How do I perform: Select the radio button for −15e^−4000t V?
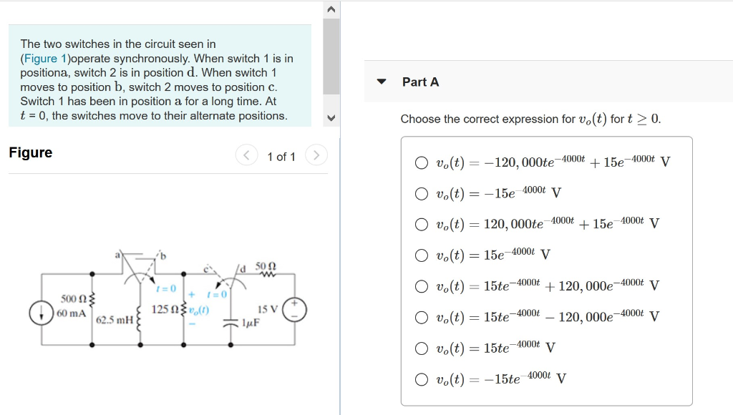[x=422, y=193]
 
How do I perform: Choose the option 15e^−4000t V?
[x=422, y=255]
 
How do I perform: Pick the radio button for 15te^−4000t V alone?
[x=422, y=348]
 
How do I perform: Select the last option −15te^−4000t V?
[x=422, y=379]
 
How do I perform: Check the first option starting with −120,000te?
[x=422, y=162]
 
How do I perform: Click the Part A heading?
[x=420, y=82]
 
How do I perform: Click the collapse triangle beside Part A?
[x=382, y=82]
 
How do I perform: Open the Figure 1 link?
[x=44, y=58]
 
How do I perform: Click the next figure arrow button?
[x=316, y=155]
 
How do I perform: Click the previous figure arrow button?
[x=246, y=155]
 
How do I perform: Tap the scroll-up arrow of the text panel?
[x=331, y=10]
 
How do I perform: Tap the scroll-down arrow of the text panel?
[x=331, y=119]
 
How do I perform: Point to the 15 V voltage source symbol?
[x=295, y=310]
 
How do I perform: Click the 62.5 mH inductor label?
[x=114, y=319]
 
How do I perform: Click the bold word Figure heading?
[x=31, y=152]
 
